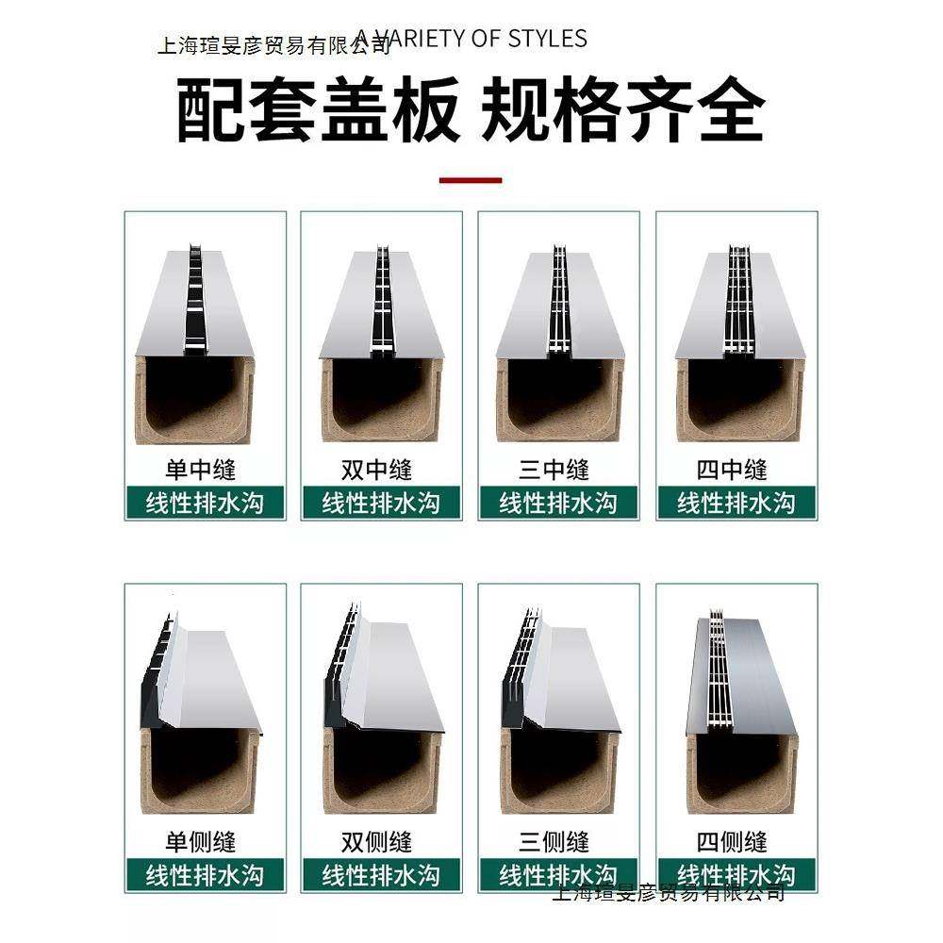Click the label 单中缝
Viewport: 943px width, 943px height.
(201, 469)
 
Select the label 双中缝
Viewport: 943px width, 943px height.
(377, 469)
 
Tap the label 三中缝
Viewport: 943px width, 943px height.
(554, 469)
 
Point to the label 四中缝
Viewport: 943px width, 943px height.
(732, 469)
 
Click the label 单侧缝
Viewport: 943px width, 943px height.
(201, 841)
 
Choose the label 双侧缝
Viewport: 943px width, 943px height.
(377, 841)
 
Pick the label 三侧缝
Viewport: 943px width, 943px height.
(554, 841)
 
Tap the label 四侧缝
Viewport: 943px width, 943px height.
(732, 841)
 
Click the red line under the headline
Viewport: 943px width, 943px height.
(471, 179)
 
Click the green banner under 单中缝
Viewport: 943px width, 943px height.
(204, 503)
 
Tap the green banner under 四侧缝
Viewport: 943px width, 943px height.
(736, 874)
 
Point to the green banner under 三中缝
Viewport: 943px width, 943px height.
(558, 503)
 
